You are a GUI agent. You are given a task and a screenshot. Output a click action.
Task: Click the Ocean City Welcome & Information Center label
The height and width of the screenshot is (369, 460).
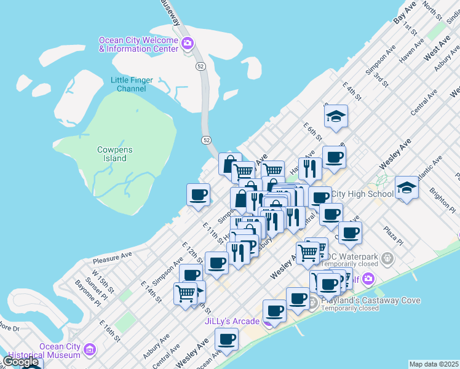coord(139,44)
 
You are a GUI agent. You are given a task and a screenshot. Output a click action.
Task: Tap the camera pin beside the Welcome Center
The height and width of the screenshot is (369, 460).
coord(188,44)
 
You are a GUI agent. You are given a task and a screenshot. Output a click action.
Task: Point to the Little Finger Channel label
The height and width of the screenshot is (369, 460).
coord(132,84)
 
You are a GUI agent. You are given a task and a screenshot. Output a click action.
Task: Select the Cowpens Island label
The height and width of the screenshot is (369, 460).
coord(114,154)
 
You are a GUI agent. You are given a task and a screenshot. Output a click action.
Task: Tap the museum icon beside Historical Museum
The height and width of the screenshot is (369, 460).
coord(90,351)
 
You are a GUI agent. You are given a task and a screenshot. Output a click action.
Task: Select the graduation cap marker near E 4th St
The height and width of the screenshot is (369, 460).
coord(336,116)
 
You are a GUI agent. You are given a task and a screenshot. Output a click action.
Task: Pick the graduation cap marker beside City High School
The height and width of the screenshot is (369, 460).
coord(406,187)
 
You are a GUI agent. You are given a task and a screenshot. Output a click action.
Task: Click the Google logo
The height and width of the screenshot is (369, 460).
coord(21,361)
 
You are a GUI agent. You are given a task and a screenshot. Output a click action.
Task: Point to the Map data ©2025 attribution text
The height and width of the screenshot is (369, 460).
coord(434,364)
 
